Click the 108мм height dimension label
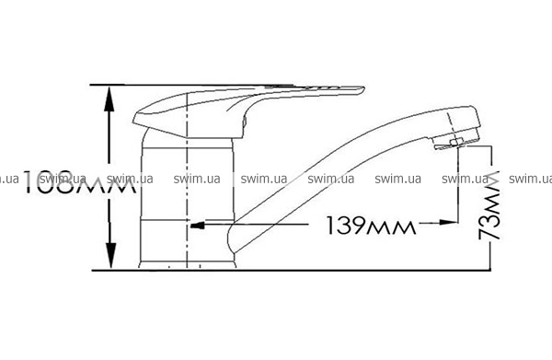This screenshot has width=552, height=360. coord(79,182)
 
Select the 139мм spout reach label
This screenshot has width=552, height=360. coord(371,226)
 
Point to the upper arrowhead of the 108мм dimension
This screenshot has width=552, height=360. coord(109,99)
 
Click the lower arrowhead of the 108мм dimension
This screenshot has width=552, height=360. coord(111,255)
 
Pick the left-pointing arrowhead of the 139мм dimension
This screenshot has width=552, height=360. coord(198,225)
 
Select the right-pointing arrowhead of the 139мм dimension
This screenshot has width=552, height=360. coord(448,222)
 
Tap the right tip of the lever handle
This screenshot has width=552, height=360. coord(364,88)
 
